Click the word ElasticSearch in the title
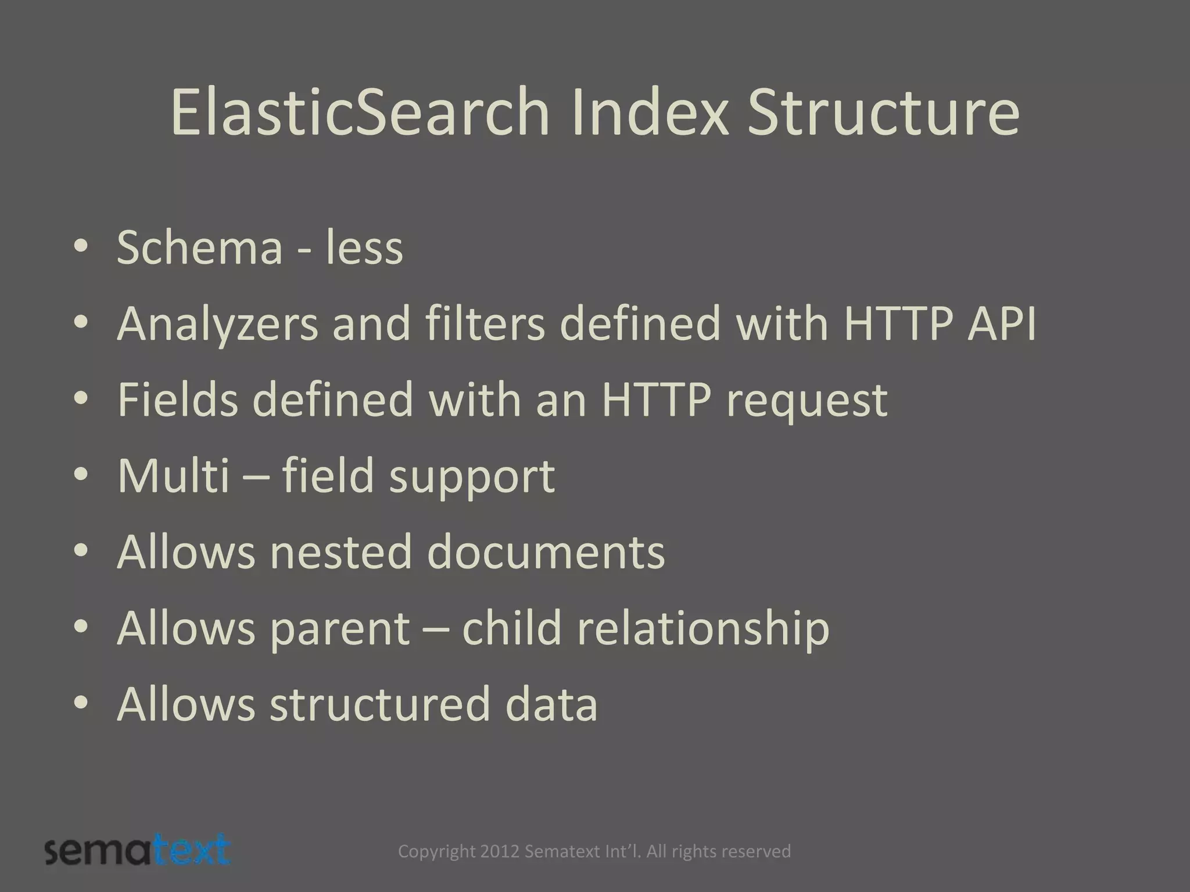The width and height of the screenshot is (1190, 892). (360, 111)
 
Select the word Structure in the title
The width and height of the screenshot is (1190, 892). (883, 111)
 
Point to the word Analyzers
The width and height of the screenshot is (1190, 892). (217, 324)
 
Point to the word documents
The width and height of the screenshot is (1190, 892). (546, 552)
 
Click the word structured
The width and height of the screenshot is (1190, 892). (380, 704)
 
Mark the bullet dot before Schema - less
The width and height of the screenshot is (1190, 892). (81, 248)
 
